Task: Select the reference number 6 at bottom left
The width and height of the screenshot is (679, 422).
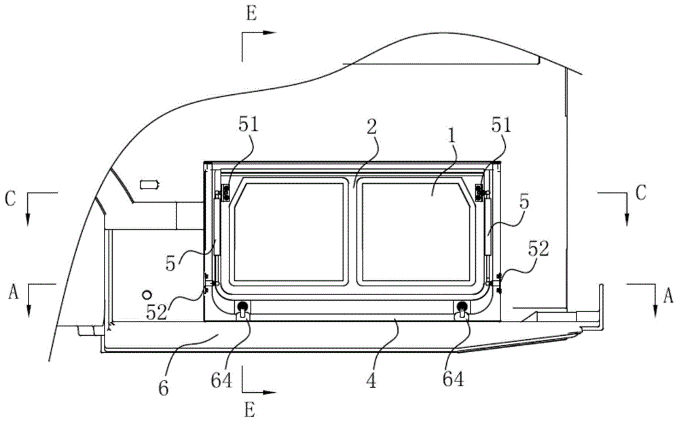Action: coord(163,388)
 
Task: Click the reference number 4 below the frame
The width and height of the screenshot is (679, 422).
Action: coord(371,381)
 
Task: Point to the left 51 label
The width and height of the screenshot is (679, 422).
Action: coord(248,124)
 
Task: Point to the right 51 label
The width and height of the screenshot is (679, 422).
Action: coord(502,125)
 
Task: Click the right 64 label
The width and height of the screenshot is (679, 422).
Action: coord(454,379)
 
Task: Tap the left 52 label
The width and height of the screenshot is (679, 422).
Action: coord(156,311)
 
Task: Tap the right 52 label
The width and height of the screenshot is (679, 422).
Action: coord(538,249)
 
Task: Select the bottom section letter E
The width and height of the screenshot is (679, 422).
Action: coord(250,409)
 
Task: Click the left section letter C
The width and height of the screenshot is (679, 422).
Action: coord(10,198)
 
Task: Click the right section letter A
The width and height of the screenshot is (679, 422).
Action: coord(669,296)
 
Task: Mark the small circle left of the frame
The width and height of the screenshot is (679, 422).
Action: coord(147,294)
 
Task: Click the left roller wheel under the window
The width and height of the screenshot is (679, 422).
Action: coord(243,307)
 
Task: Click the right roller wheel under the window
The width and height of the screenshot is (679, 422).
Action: coord(462,307)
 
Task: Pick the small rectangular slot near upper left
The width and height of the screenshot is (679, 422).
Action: coord(147,185)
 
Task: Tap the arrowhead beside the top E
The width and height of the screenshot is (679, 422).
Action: coord(270,33)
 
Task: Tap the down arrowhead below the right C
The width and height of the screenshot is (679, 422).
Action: coord(626,219)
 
